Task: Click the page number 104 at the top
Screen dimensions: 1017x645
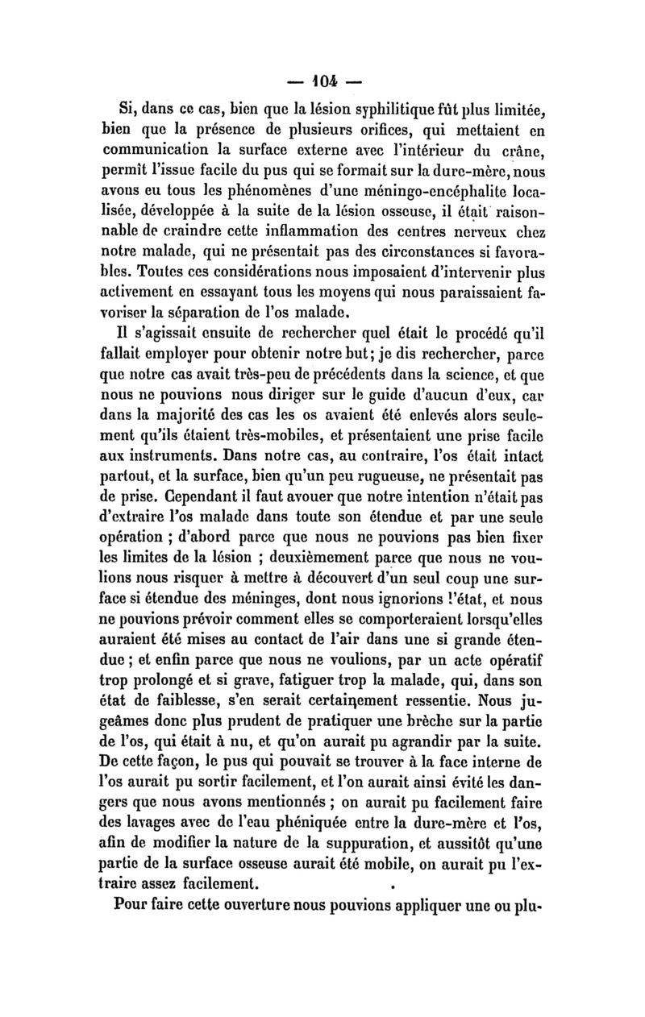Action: tap(322, 82)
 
